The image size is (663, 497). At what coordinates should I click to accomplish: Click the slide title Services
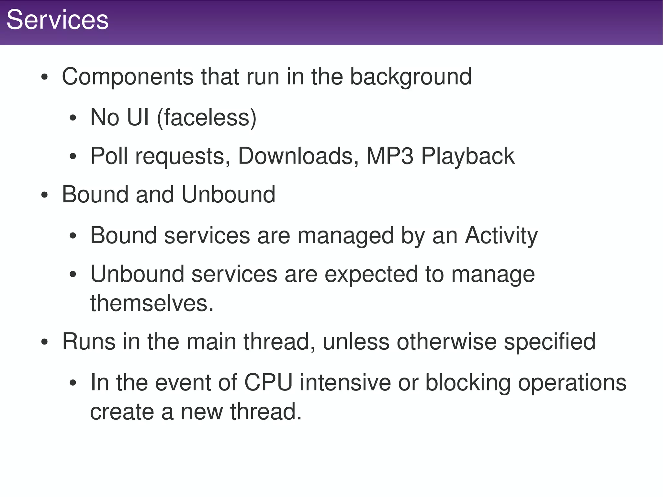[57, 20]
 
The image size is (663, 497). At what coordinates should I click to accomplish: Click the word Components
[128, 77]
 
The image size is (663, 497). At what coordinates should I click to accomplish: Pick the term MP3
[389, 156]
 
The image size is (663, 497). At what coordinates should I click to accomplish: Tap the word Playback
[467, 156]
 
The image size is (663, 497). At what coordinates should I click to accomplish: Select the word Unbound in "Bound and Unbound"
[228, 195]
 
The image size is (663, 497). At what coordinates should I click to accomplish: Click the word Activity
[501, 235]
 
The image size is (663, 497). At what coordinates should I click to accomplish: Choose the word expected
[371, 274]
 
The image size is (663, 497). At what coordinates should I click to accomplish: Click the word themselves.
[152, 303]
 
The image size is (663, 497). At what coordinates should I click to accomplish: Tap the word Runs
[89, 342]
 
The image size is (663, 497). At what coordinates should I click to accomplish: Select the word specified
[549, 342]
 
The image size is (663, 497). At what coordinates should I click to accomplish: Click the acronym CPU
[268, 383]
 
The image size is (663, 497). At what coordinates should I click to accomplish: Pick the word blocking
[468, 383]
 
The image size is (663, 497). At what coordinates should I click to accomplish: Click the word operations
[572, 383]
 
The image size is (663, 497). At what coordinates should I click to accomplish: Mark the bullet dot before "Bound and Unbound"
[45, 196]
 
